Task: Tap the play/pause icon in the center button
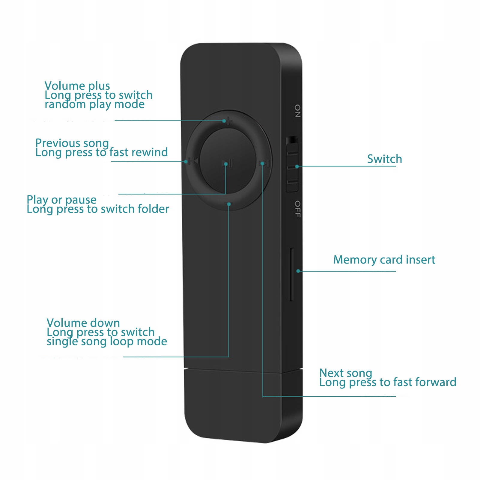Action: tap(228, 164)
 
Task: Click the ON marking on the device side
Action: tap(297, 111)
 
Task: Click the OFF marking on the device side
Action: tap(297, 209)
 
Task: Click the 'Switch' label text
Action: tap(384, 159)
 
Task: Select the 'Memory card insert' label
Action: tap(384, 260)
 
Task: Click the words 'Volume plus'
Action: tap(77, 86)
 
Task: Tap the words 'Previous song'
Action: tap(72, 143)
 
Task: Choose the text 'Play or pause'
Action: tap(61, 200)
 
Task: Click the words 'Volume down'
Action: tap(83, 323)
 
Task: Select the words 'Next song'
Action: tap(346, 373)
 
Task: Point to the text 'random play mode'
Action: tap(94, 104)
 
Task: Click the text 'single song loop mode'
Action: tap(107, 341)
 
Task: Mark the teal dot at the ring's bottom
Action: tap(229, 204)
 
